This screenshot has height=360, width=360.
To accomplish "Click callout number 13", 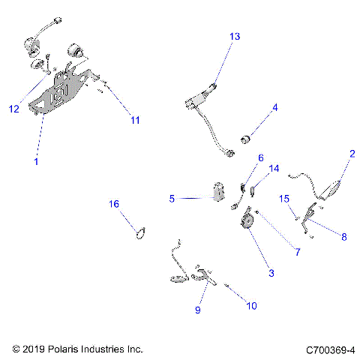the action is [235, 37].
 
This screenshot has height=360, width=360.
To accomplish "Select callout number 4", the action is [275, 108].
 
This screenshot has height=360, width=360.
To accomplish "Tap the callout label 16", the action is [114, 204].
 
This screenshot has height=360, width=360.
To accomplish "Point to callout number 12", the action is [14, 109].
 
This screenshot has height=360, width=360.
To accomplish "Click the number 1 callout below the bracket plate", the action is [36, 161].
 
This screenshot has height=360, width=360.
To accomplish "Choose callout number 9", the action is [198, 310].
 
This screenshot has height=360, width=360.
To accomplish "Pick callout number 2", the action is [352, 154].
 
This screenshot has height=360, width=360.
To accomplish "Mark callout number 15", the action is [284, 199].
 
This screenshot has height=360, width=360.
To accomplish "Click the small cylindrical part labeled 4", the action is [246, 139].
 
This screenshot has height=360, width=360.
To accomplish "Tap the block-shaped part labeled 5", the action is [218, 192].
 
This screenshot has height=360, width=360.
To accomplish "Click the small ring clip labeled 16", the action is [141, 233].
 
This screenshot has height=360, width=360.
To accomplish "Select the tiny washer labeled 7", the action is [256, 212].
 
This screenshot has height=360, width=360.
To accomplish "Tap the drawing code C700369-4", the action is [330, 350].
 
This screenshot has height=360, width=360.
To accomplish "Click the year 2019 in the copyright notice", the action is [33, 349].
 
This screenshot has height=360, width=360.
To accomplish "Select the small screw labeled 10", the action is [226, 285].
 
